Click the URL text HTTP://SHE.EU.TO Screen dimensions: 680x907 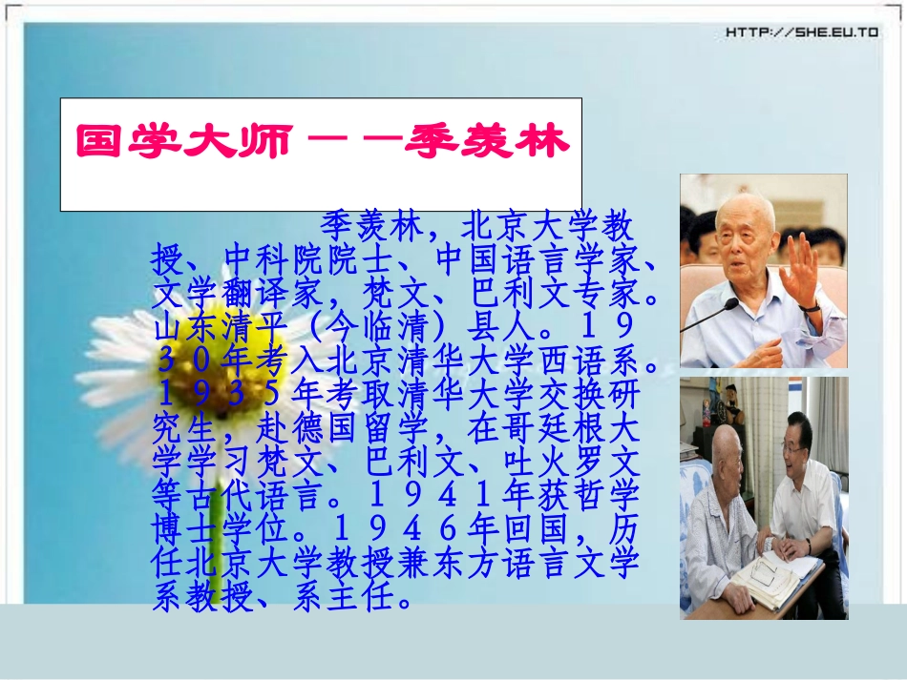801,32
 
